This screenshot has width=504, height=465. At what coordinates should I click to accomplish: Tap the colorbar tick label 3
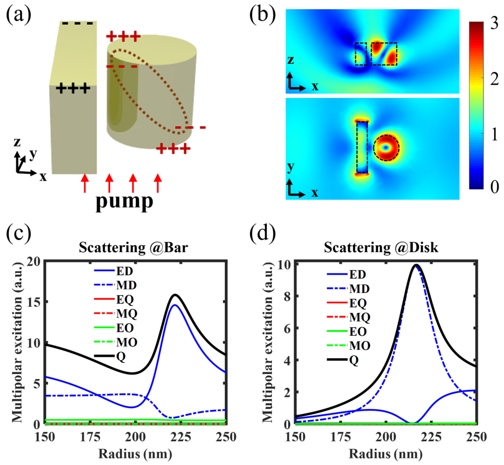click(495, 23)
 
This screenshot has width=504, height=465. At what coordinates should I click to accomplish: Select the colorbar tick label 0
click(495, 187)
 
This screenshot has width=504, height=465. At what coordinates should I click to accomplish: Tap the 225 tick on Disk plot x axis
click(431, 437)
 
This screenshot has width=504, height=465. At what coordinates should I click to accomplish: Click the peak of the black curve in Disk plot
click(416, 265)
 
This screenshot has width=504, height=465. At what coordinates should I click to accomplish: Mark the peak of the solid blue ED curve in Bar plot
click(175, 305)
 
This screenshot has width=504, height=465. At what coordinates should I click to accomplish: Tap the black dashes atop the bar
click(78, 23)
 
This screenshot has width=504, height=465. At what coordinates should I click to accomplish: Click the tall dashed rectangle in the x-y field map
click(362, 147)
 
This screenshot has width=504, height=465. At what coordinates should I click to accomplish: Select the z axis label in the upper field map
click(291, 60)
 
